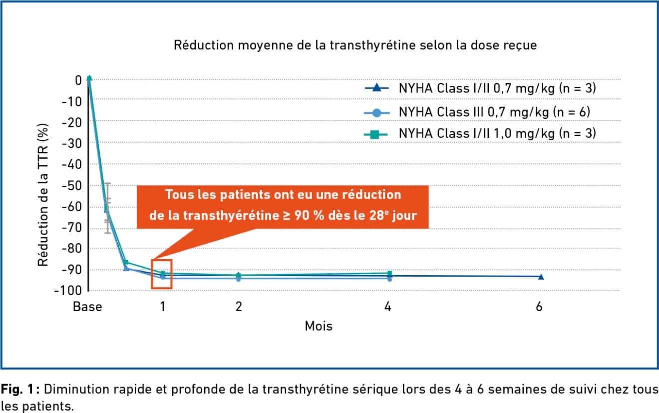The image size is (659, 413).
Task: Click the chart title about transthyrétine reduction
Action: [355, 45]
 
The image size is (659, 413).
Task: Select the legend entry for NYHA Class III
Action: [494, 112]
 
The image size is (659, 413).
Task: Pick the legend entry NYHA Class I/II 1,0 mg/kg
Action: [497, 133]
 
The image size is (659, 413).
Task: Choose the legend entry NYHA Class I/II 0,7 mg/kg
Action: [497, 89]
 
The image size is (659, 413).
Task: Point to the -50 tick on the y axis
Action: [71, 186]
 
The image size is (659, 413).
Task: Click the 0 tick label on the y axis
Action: [77, 80]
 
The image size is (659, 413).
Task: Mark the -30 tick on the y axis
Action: [71, 143]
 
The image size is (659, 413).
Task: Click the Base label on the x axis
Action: [87, 307]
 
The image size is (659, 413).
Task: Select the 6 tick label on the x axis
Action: [539, 307]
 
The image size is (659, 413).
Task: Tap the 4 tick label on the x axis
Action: [388, 307]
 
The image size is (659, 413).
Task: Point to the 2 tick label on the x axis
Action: [239, 307]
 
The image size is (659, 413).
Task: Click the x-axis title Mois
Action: [319, 327]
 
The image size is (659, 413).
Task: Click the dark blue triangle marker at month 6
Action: [541, 277]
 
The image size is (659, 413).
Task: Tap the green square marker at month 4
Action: [389, 273]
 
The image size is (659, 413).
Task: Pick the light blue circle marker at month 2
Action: [239, 279]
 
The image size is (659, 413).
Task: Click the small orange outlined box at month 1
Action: [161, 274]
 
